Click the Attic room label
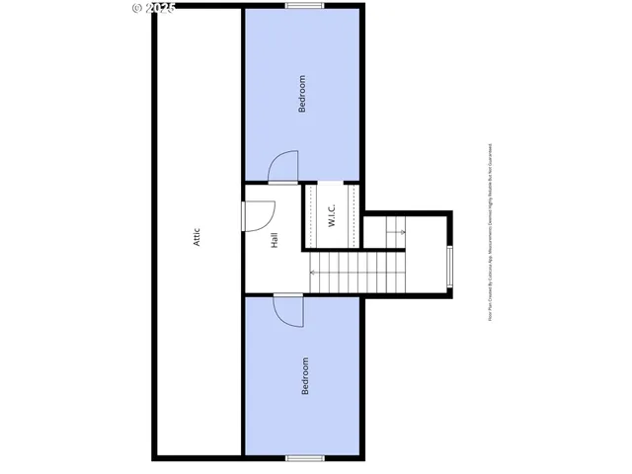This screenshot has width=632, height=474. (197, 237)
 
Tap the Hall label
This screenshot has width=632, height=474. (274, 239)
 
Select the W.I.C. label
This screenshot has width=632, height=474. (333, 215)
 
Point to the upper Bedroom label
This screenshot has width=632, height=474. (302, 94)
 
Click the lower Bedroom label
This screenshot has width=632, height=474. (304, 375)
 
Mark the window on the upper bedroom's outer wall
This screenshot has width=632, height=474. (302, 6)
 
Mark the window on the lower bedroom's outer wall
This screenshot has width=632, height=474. (302, 457)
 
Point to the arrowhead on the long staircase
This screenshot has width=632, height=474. (313, 272)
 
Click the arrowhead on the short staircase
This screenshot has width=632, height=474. (403, 232)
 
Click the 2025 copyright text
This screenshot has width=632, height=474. (160, 8)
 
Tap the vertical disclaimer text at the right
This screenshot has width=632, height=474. (490, 232)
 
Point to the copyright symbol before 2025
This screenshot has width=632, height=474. (136, 8)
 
